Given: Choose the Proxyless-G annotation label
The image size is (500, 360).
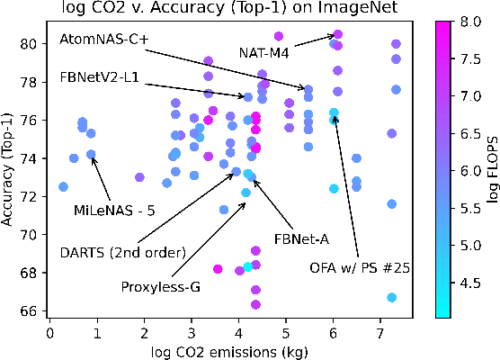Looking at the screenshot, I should point(159,287).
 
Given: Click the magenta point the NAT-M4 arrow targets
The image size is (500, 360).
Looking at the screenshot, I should point(337,34).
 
